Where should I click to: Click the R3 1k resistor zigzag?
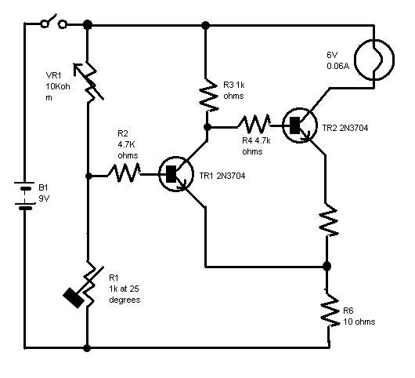click(x=208, y=95)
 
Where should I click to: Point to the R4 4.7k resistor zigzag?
click(x=254, y=124)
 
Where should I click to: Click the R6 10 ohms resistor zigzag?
click(x=330, y=310)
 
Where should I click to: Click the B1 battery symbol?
click(x=24, y=195)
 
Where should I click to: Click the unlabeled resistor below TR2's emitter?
click(x=328, y=220)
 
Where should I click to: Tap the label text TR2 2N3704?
click(x=345, y=128)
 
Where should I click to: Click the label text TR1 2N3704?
click(x=222, y=176)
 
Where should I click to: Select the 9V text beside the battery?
click(x=44, y=198)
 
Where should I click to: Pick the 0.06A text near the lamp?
click(x=338, y=66)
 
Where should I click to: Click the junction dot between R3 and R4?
click(x=207, y=127)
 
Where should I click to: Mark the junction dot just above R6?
click(x=327, y=266)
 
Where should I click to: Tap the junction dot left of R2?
click(x=88, y=176)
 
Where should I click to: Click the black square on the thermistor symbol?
click(x=74, y=298)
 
